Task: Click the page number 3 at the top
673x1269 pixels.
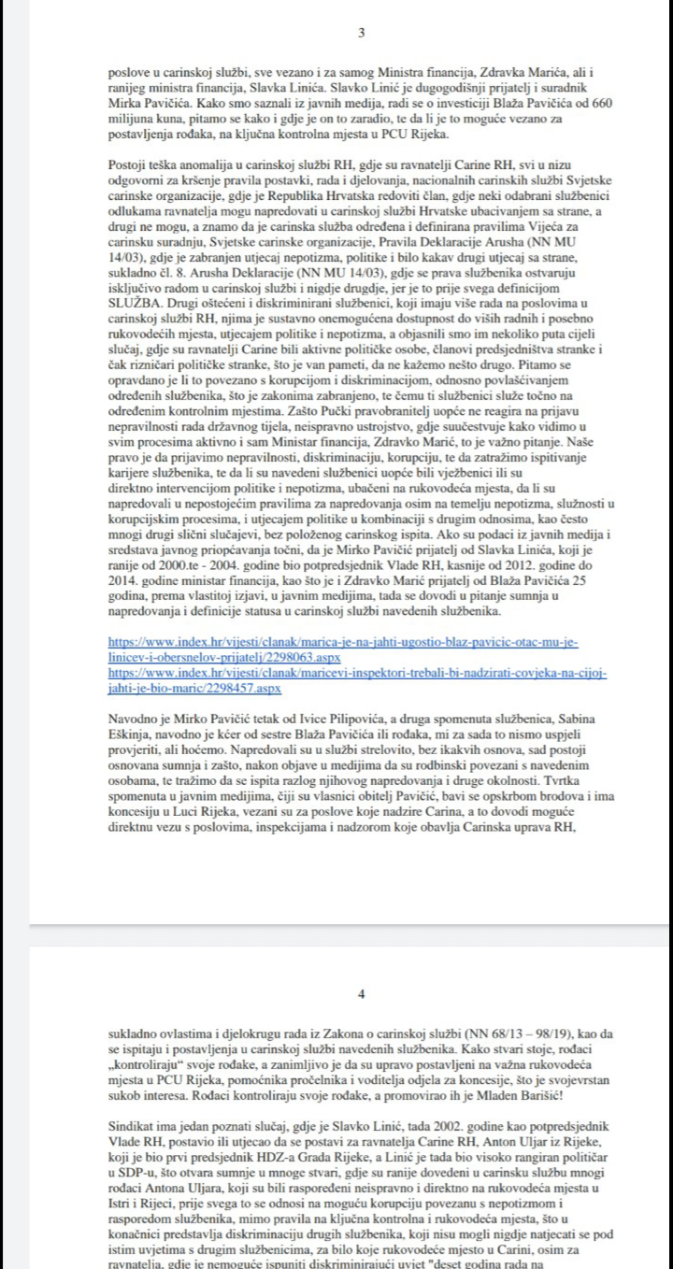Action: [x=362, y=33]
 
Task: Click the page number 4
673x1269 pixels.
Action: [x=362, y=992]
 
